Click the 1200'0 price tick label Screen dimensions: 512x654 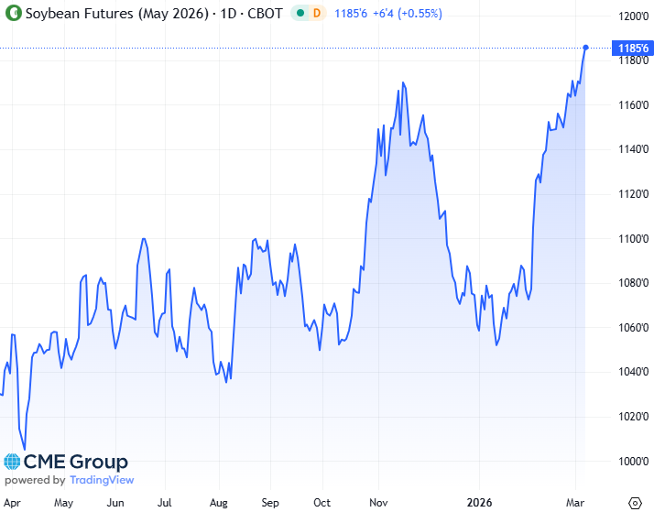pos(633,17)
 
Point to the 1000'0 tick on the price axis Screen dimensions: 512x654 pos(633,462)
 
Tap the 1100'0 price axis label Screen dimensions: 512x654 pos(633,239)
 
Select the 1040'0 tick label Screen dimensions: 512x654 pos(633,373)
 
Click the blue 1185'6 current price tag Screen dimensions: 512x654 pos(634,48)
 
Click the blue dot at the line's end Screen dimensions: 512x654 pos(585,48)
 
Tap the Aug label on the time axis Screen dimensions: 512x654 pos(217,503)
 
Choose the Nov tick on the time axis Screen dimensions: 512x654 pos(374,503)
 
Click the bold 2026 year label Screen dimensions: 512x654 pos(480,503)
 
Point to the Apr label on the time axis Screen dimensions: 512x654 pos(12,503)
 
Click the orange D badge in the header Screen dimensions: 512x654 pos(317,14)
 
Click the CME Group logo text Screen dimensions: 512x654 pos(75,463)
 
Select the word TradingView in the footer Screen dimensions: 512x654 pos(101,480)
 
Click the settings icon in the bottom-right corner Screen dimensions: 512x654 pos(634,503)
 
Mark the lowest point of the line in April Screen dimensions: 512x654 pos(24,449)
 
